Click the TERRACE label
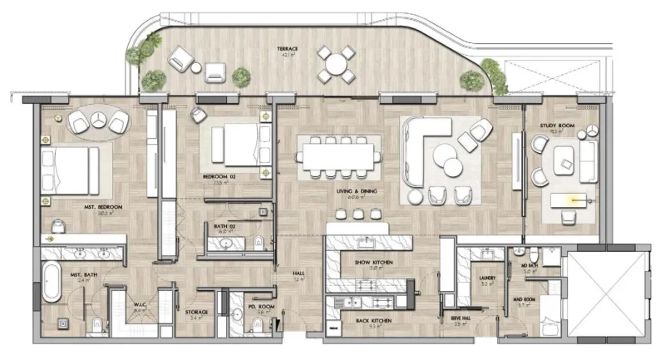pyautogui.click(x=288, y=49)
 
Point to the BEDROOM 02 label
pyautogui.click(x=219, y=177)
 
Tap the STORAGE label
pyautogui.click(x=196, y=312)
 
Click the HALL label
pyautogui.click(x=298, y=274)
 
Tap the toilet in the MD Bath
pyautogui.click(x=518, y=250)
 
